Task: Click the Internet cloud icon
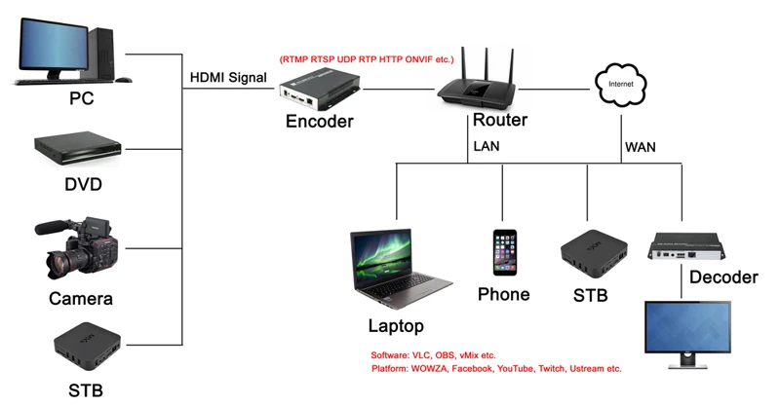click(x=621, y=85)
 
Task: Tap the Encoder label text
click(x=320, y=122)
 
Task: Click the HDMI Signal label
click(x=228, y=78)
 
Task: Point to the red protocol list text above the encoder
click(x=367, y=59)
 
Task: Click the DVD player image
click(x=78, y=149)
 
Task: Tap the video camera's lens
click(x=58, y=265)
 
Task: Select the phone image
click(x=504, y=252)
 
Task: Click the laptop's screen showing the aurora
click(x=381, y=259)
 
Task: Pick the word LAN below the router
click(x=487, y=147)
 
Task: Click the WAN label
click(x=641, y=148)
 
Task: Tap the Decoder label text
click(x=723, y=277)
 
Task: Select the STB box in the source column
click(x=87, y=347)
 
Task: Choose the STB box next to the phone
click(x=594, y=253)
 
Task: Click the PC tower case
click(x=102, y=54)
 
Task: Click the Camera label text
click(x=81, y=299)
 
